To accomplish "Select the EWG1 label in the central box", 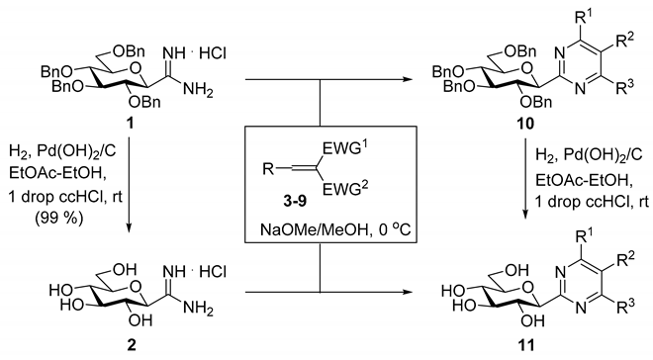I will coord(351,151).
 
